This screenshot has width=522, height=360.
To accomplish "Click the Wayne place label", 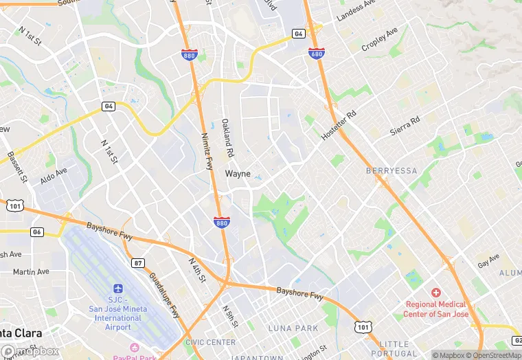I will pos(238,174).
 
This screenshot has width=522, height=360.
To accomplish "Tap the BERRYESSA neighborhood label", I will pos(391,170).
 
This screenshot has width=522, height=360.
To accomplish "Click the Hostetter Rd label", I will pos(339,124).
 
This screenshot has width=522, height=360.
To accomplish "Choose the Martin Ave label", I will pos(31,271).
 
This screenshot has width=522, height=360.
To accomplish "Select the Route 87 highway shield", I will pos(138,262).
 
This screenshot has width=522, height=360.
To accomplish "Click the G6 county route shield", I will pos(36,232).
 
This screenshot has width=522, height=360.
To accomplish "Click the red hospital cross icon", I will pos(435,293).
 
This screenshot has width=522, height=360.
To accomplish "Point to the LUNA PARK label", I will pos(288,328).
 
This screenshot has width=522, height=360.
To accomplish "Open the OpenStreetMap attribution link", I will pos(493,355).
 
